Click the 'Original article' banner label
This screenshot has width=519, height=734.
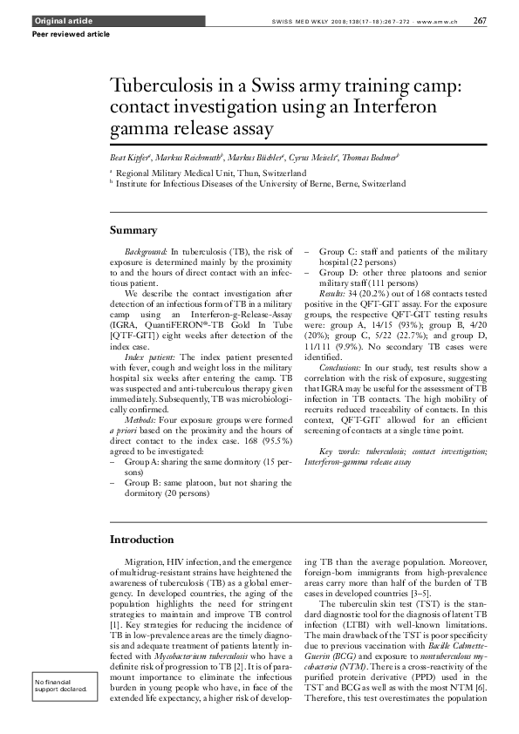[x=55, y=20]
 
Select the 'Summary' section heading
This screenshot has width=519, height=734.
[x=133, y=231]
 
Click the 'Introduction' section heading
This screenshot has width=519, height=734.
[x=141, y=540]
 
